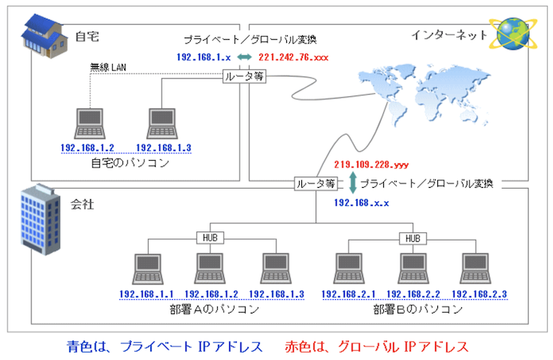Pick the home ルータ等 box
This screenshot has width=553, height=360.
coord(245,76)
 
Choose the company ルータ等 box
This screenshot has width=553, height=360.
coord(316,183)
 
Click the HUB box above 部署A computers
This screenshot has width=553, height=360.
coord(209,237)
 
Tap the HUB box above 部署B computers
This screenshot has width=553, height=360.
coord(412,237)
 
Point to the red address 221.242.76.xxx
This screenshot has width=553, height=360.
coord(293,57)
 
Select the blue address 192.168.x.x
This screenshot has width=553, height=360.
coord(361,203)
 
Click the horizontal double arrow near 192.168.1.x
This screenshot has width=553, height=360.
coord(244,57)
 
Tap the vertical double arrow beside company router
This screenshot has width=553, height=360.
coord(352,183)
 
